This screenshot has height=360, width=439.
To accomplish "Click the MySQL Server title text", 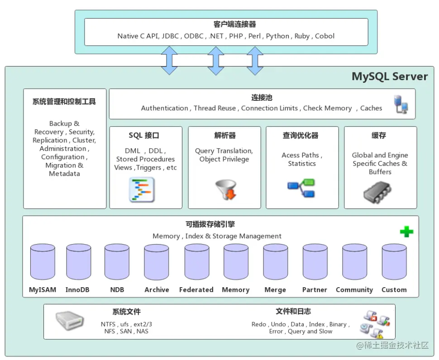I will tap(390, 76).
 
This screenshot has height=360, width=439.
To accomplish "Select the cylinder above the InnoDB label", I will tap(79, 262).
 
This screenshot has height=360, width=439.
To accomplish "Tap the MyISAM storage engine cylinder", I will tap(43, 262).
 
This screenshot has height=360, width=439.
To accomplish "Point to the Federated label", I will tap(196, 290).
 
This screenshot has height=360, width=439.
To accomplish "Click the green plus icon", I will tap(406, 232).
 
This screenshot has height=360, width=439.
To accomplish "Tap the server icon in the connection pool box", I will tap(401, 104).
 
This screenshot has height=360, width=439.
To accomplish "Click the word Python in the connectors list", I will tap(277, 36).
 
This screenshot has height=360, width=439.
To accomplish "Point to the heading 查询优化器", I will tap(301, 136).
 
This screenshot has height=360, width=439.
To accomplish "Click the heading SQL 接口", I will tap(144, 136).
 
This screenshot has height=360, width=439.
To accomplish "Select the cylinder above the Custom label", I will tap(394, 262).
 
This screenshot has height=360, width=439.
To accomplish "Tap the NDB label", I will tap(117, 290).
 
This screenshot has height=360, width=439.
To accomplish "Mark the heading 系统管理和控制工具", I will tap(64, 102).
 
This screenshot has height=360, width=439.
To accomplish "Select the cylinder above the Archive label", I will tap(157, 262).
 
